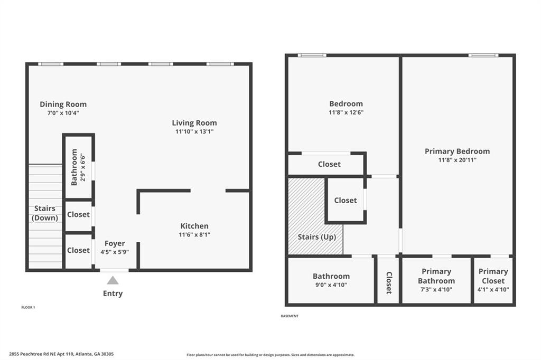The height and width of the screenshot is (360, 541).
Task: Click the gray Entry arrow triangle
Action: pyautogui.click(x=113, y=280)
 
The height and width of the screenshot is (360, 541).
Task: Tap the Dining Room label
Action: pyautogui.click(x=63, y=104)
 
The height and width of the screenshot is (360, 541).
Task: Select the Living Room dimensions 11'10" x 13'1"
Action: pyautogui.click(x=194, y=131)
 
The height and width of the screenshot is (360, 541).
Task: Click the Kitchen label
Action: pyautogui.click(x=194, y=226)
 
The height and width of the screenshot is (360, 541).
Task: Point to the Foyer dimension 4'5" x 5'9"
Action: pyautogui.click(x=115, y=252)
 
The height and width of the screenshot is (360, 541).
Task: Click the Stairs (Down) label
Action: pyautogui.click(x=45, y=213)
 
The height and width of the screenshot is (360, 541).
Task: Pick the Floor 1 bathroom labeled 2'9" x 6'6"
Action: pyautogui.click(x=78, y=167)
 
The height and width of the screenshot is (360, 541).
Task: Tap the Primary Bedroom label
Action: pyautogui.click(x=457, y=151)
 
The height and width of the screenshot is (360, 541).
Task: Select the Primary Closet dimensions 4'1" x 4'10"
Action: pyautogui.click(x=493, y=289)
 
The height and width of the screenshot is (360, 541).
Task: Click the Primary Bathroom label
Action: pyautogui.click(x=436, y=276)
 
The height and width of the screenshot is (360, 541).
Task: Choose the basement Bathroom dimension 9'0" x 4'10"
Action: pyautogui.click(x=331, y=285)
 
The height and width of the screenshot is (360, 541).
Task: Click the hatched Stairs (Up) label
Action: pyautogui.click(x=317, y=237)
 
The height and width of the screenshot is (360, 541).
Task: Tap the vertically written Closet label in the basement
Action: pyautogui.click(x=388, y=283)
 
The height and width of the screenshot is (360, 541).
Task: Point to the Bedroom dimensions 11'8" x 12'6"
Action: pyautogui.click(x=346, y=112)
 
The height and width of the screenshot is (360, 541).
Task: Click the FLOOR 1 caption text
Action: pyautogui.click(x=29, y=307)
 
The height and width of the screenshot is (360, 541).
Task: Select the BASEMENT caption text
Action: pyautogui.click(x=290, y=316)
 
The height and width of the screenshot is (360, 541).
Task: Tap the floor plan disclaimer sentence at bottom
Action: pyautogui.click(x=270, y=355)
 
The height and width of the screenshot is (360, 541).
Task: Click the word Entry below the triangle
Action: pyautogui.click(x=113, y=293)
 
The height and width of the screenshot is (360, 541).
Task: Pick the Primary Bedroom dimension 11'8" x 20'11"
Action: pyautogui.click(x=457, y=159)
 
